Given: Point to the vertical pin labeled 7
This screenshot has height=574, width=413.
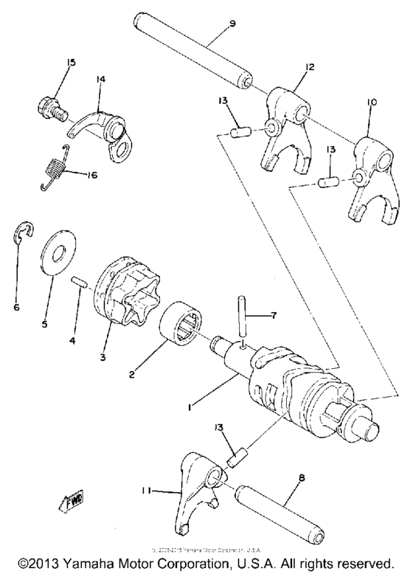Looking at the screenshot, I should [x=243, y=318].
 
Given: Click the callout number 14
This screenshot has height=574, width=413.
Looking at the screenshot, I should [x=101, y=76].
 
